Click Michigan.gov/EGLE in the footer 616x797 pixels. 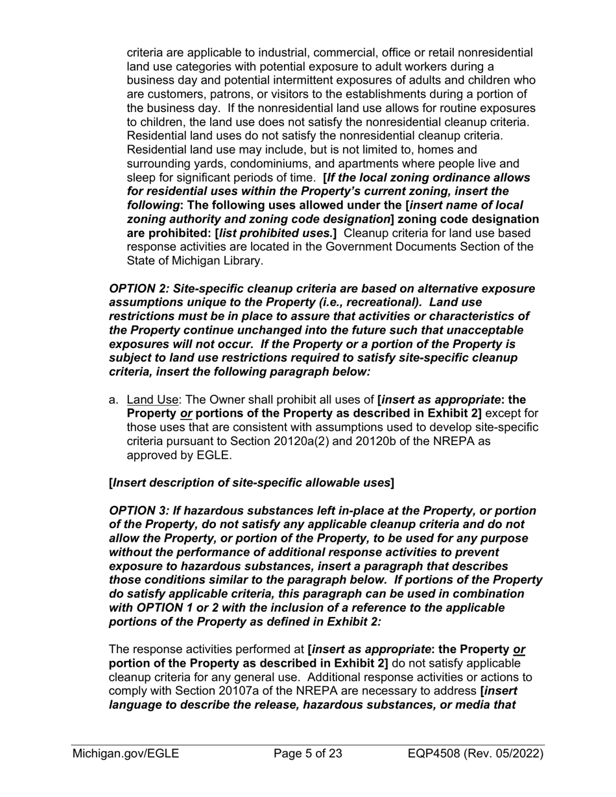[126, 754]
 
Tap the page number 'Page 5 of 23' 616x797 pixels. [308, 754]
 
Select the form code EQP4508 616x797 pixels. [439, 754]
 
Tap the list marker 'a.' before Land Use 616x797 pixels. [114, 399]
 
